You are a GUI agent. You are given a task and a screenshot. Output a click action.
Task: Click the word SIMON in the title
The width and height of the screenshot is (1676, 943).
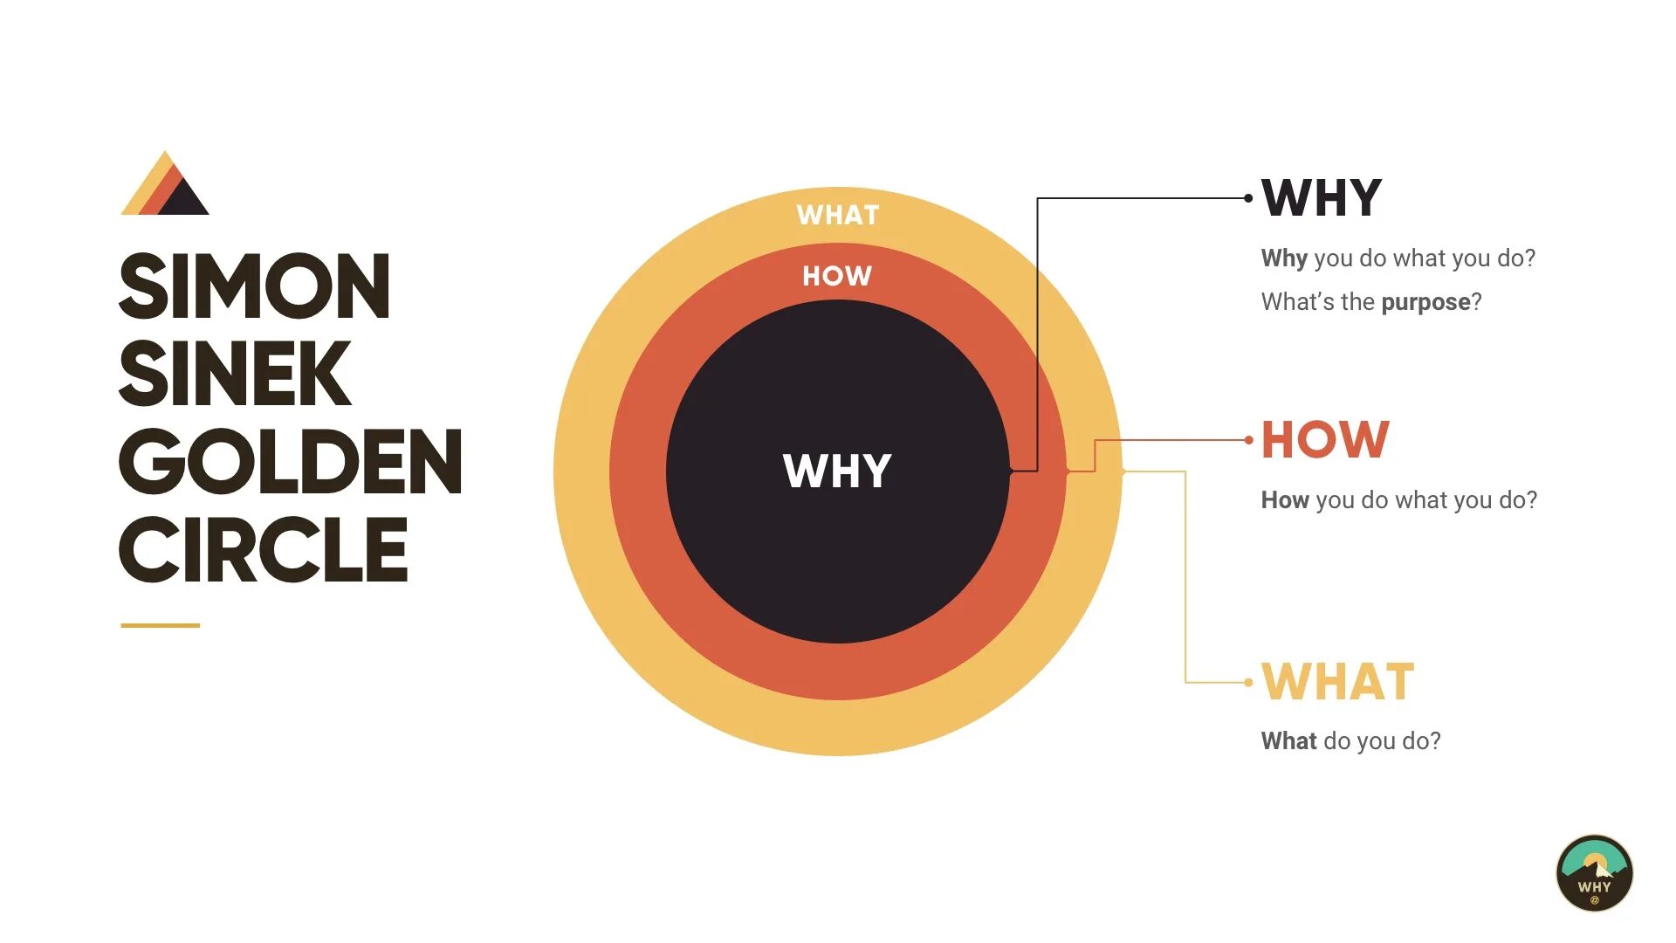pyautogui.click(x=254, y=286)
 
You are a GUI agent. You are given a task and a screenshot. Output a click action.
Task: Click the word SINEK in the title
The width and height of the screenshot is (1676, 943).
pyautogui.click(x=235, y=374)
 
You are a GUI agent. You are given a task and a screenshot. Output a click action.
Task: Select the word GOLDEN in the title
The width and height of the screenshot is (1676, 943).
pyautogui.click(x=291, y=462)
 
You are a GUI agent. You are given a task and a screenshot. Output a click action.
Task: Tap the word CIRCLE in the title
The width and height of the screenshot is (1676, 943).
pyautogui.click(x=264, y=549)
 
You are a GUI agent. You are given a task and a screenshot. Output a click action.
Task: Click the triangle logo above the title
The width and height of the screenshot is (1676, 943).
pyautogui.click(x=166, y=186)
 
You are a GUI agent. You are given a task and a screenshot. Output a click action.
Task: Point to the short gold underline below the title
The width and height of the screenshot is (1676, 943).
pyautogui.click(x=160, y=625)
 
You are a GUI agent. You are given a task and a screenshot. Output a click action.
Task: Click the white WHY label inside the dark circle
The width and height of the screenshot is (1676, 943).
pyautogui.click(x=837, y=471)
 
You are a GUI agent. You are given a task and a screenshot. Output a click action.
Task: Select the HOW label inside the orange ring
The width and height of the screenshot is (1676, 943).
pyautogui.click(x=837, y=276)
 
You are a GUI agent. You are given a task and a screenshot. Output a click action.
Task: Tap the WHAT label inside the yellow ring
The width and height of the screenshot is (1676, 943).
pyautogui.click(x=837, y=215)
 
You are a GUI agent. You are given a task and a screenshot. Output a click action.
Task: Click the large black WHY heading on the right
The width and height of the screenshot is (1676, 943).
pyautogui.click(x=1322, y=198)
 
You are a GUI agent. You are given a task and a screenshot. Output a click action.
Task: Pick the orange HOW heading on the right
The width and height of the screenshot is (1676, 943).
pyautogui.click(x=1325, y=440)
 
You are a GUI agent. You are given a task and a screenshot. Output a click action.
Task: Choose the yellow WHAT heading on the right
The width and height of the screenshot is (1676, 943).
pyautogui.click(x=1337, y=682)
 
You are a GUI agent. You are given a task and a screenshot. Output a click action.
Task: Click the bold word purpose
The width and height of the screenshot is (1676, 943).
pyautogui.click(x=1425, y=302)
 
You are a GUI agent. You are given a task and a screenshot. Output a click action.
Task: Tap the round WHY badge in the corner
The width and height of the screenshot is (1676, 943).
pyautogui.click(x=1594, y=873)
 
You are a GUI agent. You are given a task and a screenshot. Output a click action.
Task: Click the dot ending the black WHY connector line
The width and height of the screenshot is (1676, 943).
pyautogui.click(x=1248, y=198)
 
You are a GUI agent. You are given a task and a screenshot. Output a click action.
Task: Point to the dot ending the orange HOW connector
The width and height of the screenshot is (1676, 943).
pyautogui.click(x=1248, y=440)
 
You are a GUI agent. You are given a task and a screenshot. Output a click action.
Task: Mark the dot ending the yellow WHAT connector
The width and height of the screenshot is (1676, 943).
pyautogui.click(x=1248, y=682)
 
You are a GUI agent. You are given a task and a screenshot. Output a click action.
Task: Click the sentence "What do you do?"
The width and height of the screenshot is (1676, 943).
pyautogui.click(x=1350, y=741)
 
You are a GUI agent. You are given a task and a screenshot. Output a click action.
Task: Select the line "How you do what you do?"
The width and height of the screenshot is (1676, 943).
pyautogui.click(x=1398, y=500)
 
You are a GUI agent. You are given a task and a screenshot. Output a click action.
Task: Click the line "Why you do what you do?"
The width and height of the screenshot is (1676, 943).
pyautogui.click(x=1398, y=258)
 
